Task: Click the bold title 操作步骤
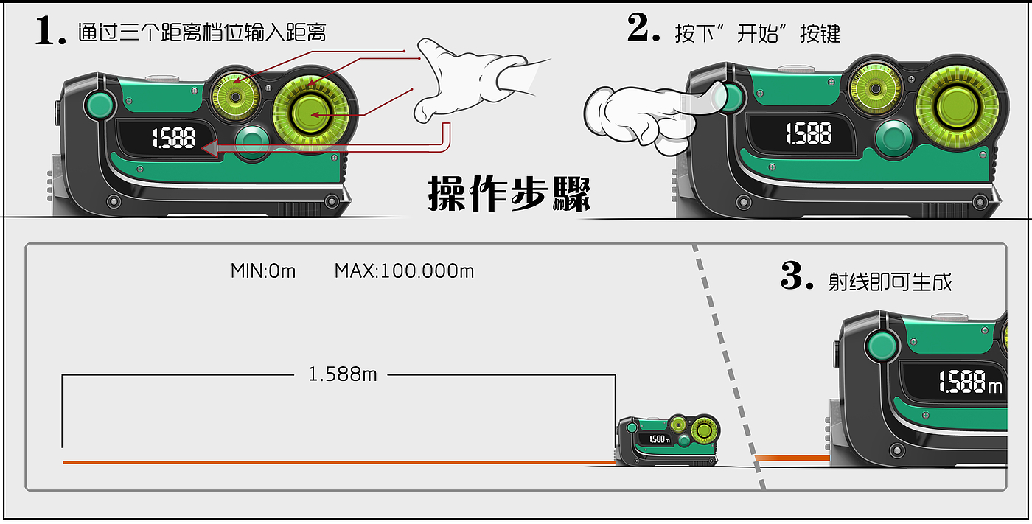click(x=509, y=193)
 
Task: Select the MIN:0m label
click(x=263, y=271)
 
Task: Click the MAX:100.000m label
click(x=404, y=271)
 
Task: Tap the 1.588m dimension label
click(x=342, y=374)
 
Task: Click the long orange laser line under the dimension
click(x=339, y=462)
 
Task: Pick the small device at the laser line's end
click(x=669, y=440)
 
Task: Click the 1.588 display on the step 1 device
click(x=174, y=138)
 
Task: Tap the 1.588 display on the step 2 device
click(x=809, y=133)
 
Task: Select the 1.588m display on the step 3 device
click(x=970, y=382)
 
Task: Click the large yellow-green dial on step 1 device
click(x=311, y=113)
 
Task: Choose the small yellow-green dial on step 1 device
click(x=235, y=97)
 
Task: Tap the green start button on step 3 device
click(x=882, y=346)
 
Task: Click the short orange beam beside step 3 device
click(x=792, y=458)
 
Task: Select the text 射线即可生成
click(x=890, y=282)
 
